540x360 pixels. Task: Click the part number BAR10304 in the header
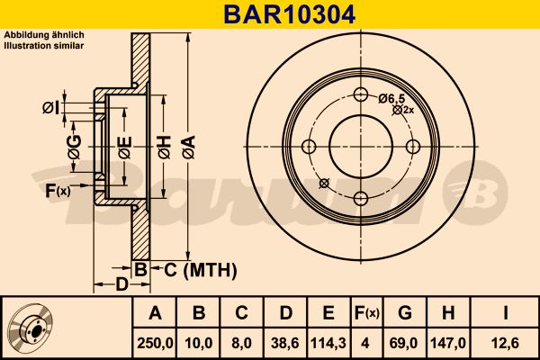(x=270, y=14)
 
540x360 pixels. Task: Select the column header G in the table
(x=406, y=313)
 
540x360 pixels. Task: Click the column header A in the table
(x=155, y=313)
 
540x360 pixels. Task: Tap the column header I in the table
(x=505, y=313)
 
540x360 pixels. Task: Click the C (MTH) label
(x=193, y=269)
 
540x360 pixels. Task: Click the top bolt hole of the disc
(x=361, y=95)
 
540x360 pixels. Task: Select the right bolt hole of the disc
(x=413, y=147)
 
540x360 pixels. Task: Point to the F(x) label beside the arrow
(x=58, y=190)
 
